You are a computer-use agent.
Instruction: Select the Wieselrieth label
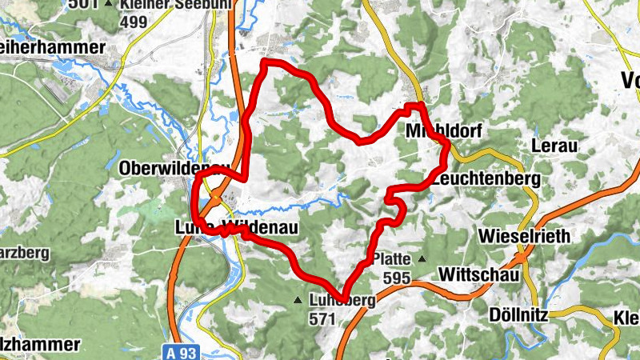pyautogui.click(x=524, y=236)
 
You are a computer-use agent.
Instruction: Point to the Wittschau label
pyautogui.click(x=479, y=274)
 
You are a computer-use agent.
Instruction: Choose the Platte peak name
pyautogui.click(x=392, y=260)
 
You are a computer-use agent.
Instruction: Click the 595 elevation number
pyautogui.click(x=396, y=278)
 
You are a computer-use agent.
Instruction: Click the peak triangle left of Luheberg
pyautogui.click(x=298, y=301)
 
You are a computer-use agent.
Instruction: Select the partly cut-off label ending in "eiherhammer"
pyautogui.click(x=52, y=48)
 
